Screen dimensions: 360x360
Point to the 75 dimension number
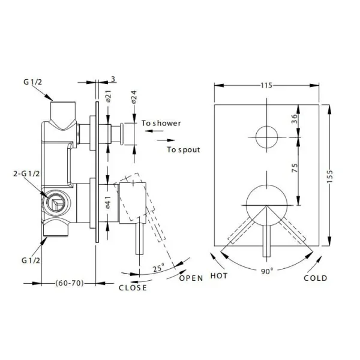(294, 169)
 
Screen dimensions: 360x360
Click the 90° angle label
(266, 271)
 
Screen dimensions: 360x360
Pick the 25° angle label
(158, 269)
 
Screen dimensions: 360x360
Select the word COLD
(315, 278)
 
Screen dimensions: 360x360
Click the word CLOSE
(132, 287)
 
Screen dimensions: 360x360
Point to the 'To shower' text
(161, 124)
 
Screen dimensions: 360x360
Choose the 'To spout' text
(183, 149)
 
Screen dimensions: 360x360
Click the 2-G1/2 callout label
(28, 173)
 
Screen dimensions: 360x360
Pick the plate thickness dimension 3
(113, 79)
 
